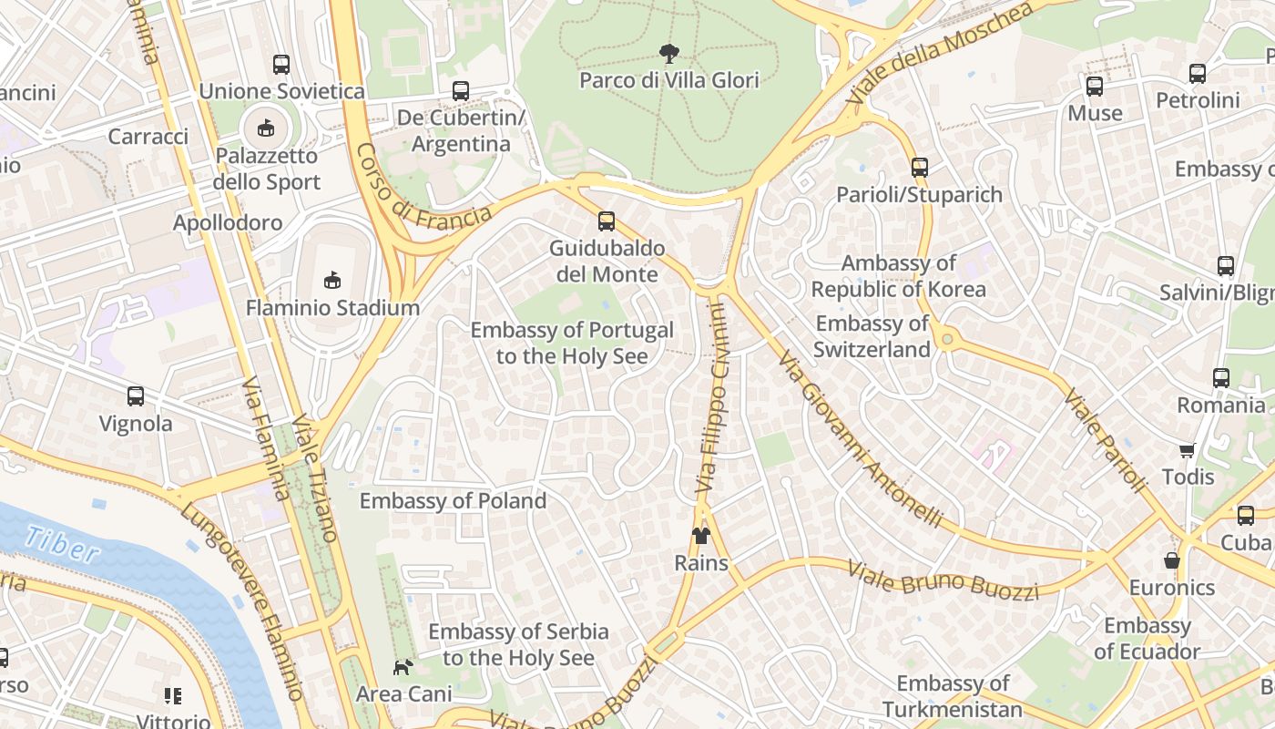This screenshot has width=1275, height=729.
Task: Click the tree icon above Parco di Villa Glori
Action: click(668, 54)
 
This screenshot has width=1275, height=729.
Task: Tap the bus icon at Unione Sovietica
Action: click(281, 65)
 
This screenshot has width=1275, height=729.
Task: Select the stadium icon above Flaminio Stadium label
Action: click(332, 280)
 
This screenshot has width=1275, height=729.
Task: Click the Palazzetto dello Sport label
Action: click(267, 169)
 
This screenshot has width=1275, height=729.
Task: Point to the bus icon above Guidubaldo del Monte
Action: click(607, 221)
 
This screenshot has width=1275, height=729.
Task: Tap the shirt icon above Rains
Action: click(701, 535)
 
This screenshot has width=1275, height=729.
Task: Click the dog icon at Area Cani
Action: click(403, 667)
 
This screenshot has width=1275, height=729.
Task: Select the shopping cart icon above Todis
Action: click(1187, 450)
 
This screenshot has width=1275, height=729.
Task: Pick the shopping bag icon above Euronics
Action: click(1172, 560)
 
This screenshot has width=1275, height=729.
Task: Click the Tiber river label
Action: click(62, 544)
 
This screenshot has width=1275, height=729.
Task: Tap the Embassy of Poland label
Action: click(453, 501)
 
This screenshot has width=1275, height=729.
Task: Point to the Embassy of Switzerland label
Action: click(872, 336)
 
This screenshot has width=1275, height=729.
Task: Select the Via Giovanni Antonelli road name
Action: click(860, 437)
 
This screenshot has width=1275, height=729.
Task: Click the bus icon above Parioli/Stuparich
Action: click(920, 168)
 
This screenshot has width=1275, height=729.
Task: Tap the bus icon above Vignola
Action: click(136, 396)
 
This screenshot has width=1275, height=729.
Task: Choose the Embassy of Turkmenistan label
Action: click(953, 696)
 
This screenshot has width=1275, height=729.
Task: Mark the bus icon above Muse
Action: click(1095, 87)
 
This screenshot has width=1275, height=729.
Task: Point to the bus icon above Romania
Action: click(1221, 378)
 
